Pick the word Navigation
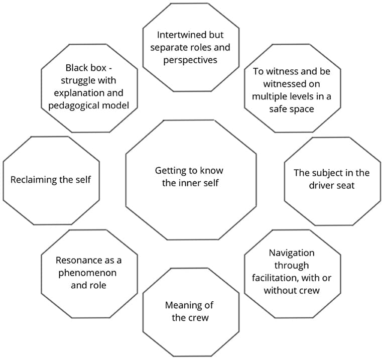point(291,253)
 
